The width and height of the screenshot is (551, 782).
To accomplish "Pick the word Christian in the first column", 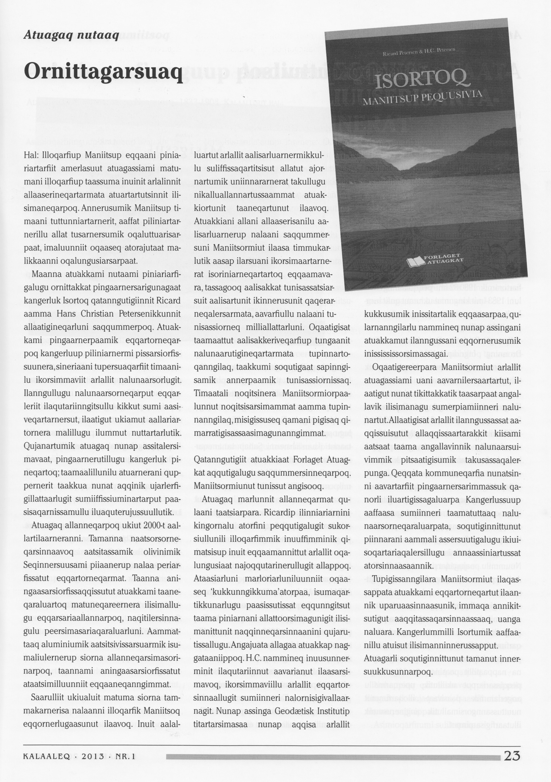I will coord(99,313).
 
